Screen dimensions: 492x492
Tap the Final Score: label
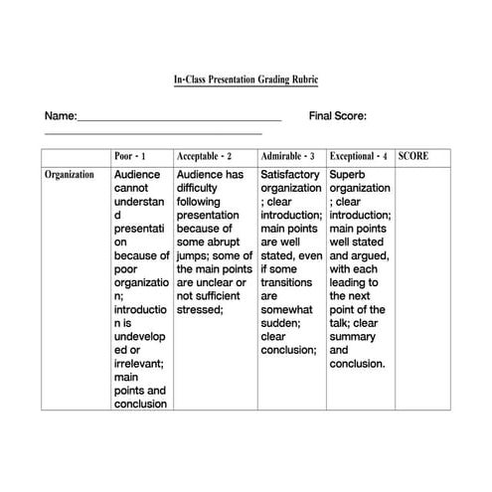tap(338, 116)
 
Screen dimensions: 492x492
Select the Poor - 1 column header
tap(130, 157)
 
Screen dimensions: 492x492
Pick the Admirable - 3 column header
tap(287, 157)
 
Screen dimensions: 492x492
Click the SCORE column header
tap(413, 157)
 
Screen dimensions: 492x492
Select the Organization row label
tap(70, 175)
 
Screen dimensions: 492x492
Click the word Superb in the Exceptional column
tap(349, 175)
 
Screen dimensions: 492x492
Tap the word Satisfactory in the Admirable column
tap(290, 175)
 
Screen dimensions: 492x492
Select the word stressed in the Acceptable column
tap(199, 309)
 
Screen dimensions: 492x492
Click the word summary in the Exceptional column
tap(354, 350)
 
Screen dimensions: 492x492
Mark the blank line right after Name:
tap(179, 119)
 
